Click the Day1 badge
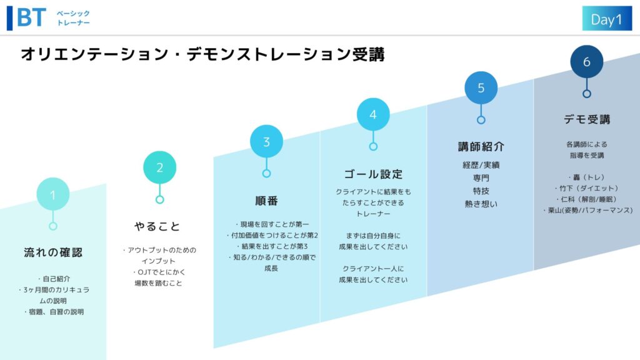(x=607, y=18)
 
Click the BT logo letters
(x=31, y=18)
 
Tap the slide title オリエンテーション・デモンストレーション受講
(x=203, y=54)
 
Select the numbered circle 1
(x=53, y=194)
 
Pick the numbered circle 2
(x=159, y=167)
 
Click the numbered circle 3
(x=266, y=141)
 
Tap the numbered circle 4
(x=373, y=114)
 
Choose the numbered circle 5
(x=481, y=87)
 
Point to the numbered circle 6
(x=586, y=62)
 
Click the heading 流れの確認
(x=53, y=252)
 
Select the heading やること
(x=157, y=226)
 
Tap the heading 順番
(x=266, y=201)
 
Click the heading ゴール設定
(x=373, y=174)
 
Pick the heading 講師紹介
(x=481, y=146)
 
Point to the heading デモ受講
(x=587, y=119)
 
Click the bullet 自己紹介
(x=54, y=279)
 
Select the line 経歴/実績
(x=481, y=165)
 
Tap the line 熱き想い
(x=481, y=204)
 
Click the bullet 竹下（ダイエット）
(x=586, y=188)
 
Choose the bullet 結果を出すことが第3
(x=272, y=246)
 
